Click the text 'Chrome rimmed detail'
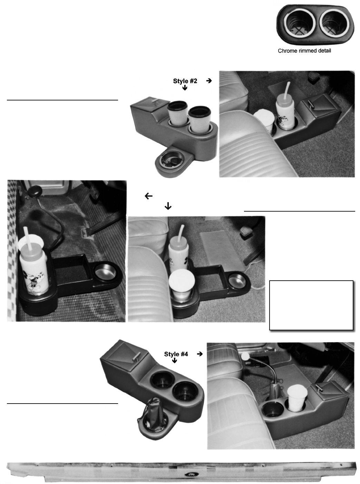[x=304, y=51]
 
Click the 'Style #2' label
[x=185, y=81]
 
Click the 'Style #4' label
[x=176, y=354]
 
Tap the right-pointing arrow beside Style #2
[x=209, y=81]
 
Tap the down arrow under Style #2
[x=185, y=88]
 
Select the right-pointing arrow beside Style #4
[x=200, y=354]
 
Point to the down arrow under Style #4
[x=174, y=360]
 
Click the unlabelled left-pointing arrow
[x=148, y=196]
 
